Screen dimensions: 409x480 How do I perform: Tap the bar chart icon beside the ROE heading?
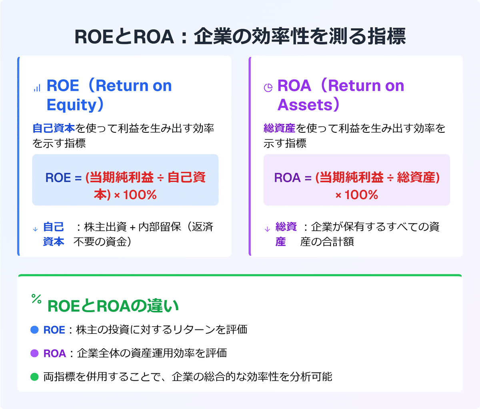point(37,88)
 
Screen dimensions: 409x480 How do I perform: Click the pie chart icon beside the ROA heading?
point(268,88)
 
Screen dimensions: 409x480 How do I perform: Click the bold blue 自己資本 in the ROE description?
point(54,128)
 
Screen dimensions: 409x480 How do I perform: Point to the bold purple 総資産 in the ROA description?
point(279,128)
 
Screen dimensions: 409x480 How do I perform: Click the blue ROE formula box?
point(125,180)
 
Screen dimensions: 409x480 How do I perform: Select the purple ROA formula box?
point(356,180)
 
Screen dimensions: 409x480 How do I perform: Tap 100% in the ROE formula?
point(140,195)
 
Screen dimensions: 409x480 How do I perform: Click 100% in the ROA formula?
point(361,195)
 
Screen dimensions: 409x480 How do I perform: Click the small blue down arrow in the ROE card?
point(35,229)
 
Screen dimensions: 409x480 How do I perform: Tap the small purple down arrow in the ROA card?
point(267,229)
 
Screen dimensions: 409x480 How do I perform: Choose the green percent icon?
point(36,299)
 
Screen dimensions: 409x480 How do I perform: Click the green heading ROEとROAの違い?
point(113,306)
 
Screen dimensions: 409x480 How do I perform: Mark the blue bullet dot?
point(34,330)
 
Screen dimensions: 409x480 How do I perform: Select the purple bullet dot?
point(34,353)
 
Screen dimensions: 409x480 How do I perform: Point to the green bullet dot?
point(34,377)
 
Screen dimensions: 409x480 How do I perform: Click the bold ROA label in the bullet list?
point(54,353)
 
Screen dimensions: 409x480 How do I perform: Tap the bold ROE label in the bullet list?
point(54,330)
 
